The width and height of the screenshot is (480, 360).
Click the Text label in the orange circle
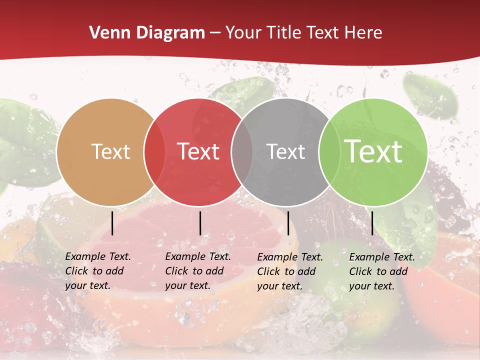110,151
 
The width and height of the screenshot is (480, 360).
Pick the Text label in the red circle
198,151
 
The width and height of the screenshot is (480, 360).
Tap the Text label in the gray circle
286,151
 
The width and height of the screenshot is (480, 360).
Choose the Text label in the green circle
373,151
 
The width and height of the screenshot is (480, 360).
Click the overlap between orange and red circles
154,152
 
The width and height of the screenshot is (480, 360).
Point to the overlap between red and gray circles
242,152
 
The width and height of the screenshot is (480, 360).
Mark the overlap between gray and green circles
329,152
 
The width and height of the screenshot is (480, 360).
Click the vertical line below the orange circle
112,223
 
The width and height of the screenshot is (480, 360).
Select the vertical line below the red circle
200,223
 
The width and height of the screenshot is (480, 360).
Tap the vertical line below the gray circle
288,223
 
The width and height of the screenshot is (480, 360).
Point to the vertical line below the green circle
372,223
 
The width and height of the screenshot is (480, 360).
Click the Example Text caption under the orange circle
97,271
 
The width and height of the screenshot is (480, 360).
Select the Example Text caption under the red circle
197,271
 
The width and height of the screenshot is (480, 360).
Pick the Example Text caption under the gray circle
289,271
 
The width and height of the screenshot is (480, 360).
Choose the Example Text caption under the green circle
381,271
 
